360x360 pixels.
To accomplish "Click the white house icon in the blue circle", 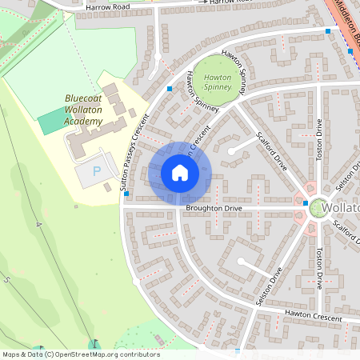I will click(x=180, y=173).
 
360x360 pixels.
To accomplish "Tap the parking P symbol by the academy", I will click(x=98, y=171).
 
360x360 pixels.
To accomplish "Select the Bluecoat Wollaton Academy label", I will click(x=84, y=110).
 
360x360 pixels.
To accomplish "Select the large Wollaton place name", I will click(x=343, y=208).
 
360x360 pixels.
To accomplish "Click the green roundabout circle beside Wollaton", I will click(x=318, y=207).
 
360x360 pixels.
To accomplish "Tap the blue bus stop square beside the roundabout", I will click(x=306, y=204).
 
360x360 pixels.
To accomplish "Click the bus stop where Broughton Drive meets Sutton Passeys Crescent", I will click(x=126, y=194).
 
